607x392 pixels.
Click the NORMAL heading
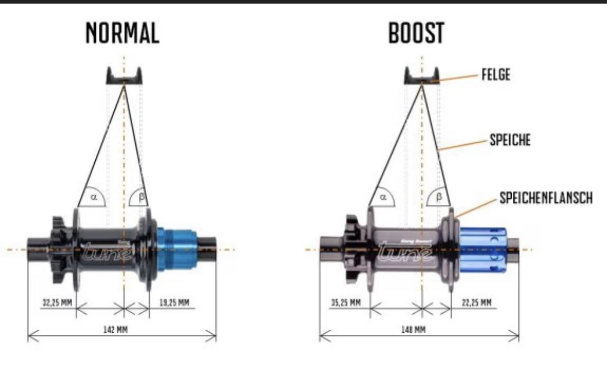coord(123,33)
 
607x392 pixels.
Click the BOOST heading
coord(416,33)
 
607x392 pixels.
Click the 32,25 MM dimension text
coord(57,302)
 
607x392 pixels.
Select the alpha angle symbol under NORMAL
coord(94,196)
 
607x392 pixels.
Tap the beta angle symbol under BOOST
coord(439,196)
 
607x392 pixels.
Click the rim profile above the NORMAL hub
coord(124,76)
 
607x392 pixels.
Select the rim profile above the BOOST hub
coord(422,76)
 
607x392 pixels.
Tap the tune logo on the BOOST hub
coord(403,252)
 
